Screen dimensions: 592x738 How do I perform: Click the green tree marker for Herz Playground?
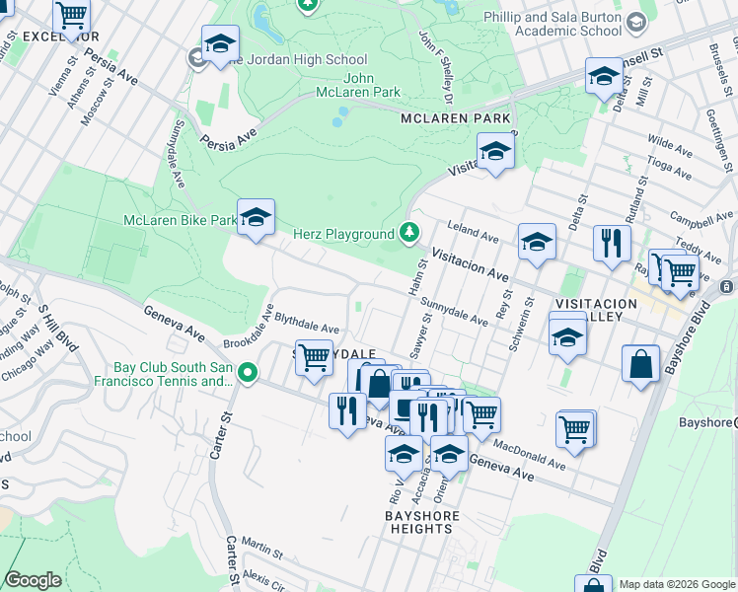[x=408, y=234]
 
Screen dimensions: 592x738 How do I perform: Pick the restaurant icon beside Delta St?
[x=612, y=244]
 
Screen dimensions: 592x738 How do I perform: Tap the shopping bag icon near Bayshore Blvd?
[x=641, y=363]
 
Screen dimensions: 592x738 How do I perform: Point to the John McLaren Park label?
[x=371, y=86]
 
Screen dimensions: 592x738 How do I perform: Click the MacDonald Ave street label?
[x=528, y=454]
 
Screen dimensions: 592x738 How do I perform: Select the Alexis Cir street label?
[x=263, y=575]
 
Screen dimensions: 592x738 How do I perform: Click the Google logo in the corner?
[x=32, y=580]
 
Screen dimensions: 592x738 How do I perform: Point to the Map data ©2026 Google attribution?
[x=677, y=584]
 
